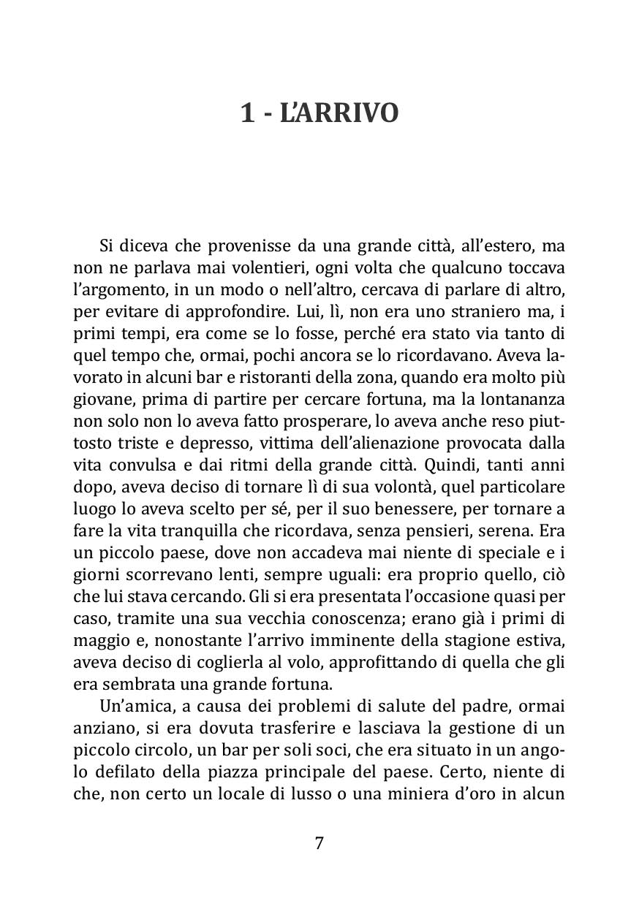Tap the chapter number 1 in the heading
[247, 114]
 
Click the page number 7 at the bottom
[319, 843]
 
